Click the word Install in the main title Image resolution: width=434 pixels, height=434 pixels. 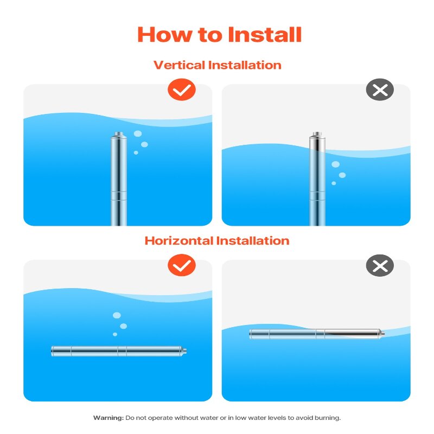(x=264, y=35)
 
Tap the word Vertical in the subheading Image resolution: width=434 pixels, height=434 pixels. (x=180, y=65)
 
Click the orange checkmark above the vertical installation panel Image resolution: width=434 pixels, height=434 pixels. (x=182, y=90)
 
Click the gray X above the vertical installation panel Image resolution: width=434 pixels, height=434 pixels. (x=380, y=90)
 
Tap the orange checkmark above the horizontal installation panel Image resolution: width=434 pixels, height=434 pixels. (x=182, y=265)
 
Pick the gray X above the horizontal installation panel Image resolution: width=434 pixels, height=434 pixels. (x=380, y=265)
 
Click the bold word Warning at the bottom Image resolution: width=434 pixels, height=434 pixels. (x=108, y=418)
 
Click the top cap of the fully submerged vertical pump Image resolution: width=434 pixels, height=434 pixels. (x=119, y=135)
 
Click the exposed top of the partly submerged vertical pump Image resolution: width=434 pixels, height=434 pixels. (x=317, y=141)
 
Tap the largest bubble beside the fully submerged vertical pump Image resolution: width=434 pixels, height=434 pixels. (x=138, y=133)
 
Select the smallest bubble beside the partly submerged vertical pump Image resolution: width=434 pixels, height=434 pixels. (x=334, y=183)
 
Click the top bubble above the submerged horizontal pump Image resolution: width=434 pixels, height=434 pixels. (x=117, y=315)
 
